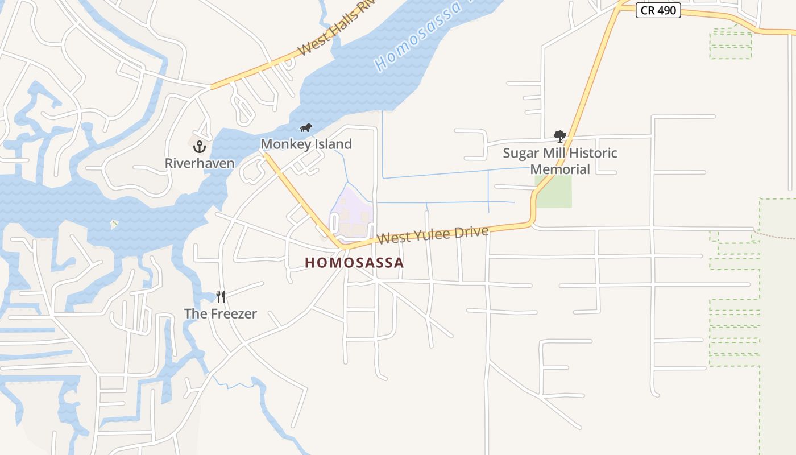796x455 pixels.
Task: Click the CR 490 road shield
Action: point(658,10)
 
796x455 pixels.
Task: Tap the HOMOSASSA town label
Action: point(354,263)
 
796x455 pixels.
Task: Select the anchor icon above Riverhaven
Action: point(199,147)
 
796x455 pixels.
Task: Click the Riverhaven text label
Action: point(199,164)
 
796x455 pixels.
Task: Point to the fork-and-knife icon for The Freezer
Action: point(221,296)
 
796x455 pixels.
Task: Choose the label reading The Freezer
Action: point(221,313)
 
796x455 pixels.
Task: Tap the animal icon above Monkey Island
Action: point(306,127)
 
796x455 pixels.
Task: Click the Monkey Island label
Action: point(306,144)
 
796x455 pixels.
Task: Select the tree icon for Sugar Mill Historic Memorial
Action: point(560,136)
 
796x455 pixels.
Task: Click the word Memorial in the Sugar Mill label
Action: point(560,169)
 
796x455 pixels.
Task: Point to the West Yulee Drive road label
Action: point(432,234)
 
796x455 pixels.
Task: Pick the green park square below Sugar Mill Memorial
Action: point(553,192)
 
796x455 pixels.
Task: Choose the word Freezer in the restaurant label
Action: point(234,313)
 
